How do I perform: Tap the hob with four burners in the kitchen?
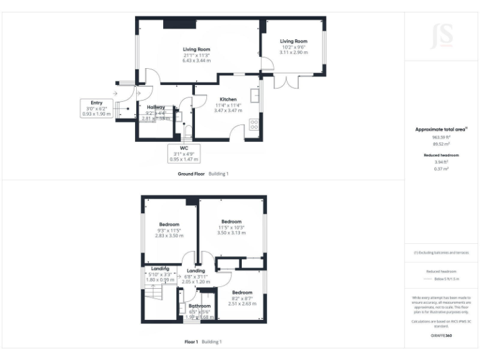tap(254, 124)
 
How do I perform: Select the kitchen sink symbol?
tap(255, 95)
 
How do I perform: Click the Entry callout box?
tap(96, 109)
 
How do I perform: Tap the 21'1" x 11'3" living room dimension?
tap(196, 55)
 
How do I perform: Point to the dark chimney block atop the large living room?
tap(172, 24)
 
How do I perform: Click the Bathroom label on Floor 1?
tap(200, 306)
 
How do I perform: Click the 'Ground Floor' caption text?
tap(191, 174)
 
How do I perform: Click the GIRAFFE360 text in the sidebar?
tap(441, 336)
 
